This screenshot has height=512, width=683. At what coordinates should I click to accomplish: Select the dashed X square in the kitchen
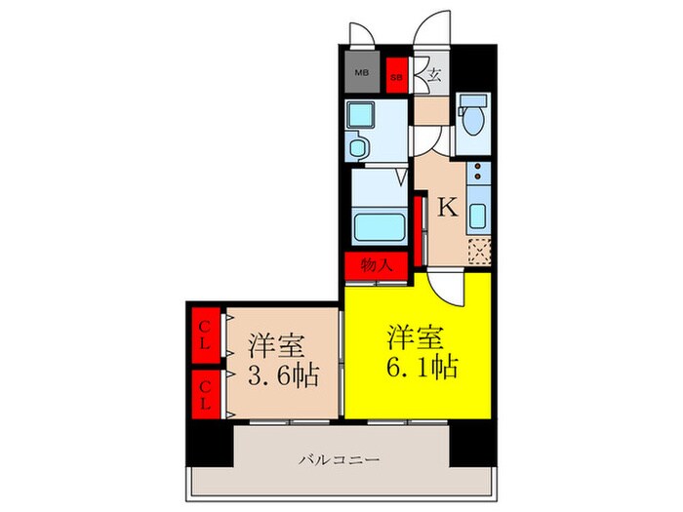478,253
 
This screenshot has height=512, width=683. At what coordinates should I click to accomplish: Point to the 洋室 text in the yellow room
418,337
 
